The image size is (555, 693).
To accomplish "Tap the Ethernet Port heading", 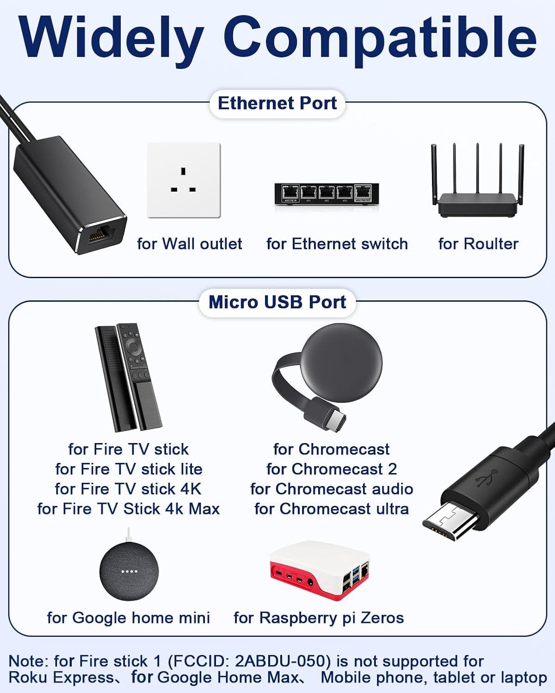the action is pos(277,103).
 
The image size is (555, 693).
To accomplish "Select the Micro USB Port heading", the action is pos(277,302).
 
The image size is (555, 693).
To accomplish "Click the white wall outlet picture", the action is pos(183,180).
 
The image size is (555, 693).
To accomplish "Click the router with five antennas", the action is pos(477,185).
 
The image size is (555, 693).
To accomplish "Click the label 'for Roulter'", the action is pos(478,243).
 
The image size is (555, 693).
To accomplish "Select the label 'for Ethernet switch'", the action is pos(337,243).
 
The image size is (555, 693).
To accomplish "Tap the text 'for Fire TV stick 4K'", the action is pos(128,489).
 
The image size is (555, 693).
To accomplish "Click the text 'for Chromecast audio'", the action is pos(332,489).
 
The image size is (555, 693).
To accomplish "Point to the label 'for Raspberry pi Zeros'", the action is pos(319,618).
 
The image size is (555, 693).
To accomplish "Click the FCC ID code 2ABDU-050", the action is pos(282,661).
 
